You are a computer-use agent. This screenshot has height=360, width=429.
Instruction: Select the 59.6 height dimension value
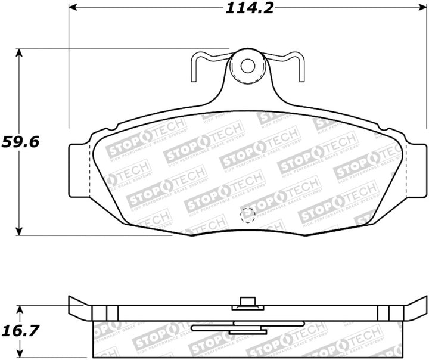coord(20,142)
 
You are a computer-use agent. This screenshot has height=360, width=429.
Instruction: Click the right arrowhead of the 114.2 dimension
coord(422,8)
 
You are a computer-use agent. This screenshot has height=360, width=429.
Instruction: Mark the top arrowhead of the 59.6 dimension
coord(20,53)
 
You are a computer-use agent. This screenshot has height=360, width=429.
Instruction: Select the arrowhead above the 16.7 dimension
coord(20,310)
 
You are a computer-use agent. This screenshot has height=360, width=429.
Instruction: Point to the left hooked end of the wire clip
coord(194,72)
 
